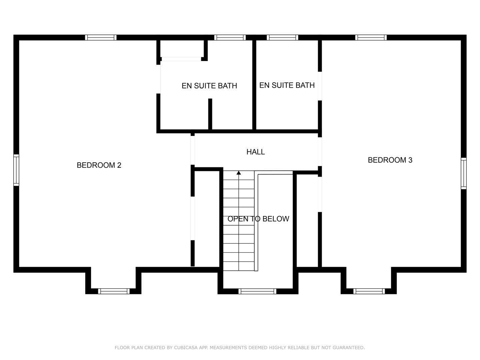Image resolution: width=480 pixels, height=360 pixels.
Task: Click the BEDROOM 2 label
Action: pos(99,165)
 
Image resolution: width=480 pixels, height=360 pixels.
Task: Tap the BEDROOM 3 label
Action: pos(390,160)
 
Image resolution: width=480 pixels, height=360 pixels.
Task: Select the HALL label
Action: pos(255,152)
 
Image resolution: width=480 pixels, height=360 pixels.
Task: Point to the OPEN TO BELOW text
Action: pos(258,219)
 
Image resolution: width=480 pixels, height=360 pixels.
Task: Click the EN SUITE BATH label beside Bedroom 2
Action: pos(209,86)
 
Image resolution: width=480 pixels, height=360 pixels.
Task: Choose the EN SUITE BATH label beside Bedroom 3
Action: pos(287,85)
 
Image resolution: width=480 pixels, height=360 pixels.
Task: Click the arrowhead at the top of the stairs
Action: pos(239,173)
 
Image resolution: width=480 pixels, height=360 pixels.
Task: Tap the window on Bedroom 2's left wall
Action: pos(16,170)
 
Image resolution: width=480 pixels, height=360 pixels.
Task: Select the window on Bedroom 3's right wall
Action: pos(463,174)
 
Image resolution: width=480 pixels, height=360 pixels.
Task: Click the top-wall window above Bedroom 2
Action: pos(101,37)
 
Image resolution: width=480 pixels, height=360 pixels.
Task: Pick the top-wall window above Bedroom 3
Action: pos(371,37)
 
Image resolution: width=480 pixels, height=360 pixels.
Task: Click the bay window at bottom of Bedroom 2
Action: pos(114,291)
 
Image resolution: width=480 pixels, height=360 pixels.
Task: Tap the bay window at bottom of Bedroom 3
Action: pos(369,291)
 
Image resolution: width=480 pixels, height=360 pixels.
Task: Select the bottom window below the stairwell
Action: pos(257,291)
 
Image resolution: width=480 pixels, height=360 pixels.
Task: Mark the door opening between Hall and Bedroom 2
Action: pos(193,150)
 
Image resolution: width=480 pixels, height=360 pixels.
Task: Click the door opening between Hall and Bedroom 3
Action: pos(320,152)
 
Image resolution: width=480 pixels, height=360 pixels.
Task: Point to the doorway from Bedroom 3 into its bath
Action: pos(320,86)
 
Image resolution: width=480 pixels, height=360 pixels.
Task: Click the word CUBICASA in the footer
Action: pos(186,348)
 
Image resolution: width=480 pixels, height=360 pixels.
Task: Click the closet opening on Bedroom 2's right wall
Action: pos(193,218)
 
